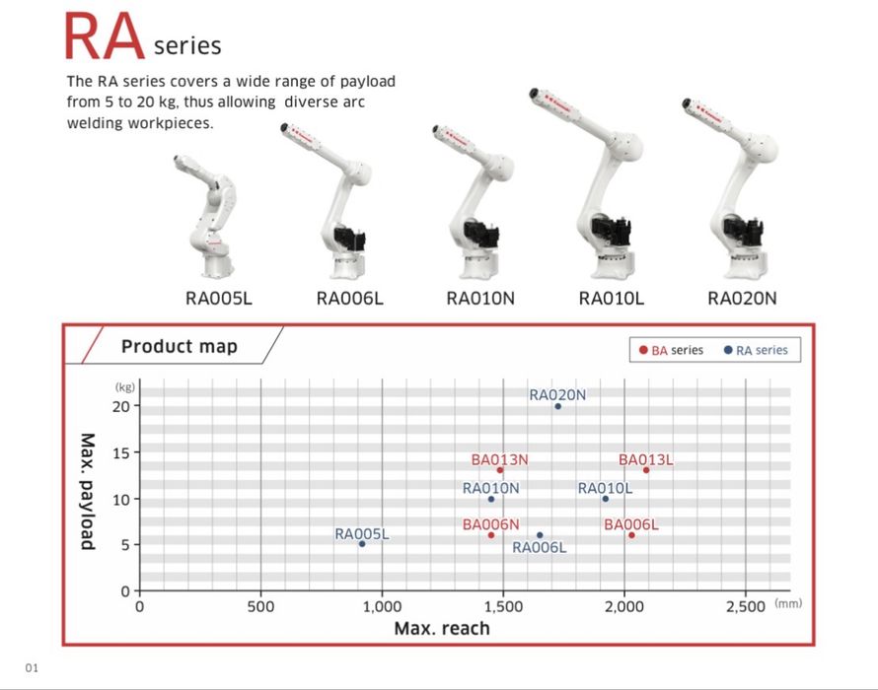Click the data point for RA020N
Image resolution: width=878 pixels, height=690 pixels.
[557, 406]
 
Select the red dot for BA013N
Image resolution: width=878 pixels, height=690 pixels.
[500, 470]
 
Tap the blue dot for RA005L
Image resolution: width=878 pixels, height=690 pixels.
[362, 544]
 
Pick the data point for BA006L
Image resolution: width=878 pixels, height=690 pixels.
[631, 535]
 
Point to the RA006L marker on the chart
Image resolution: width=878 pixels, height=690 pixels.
[540, 535]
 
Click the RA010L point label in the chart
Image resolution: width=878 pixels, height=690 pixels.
[605, 489]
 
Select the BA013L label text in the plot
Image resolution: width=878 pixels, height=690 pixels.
[645, 460]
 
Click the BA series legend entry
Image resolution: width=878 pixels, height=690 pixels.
[671, 350]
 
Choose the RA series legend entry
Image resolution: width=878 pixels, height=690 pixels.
[756, 350]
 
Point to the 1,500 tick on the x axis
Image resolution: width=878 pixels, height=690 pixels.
[503, 606]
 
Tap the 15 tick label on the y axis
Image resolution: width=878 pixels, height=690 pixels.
[121, 452]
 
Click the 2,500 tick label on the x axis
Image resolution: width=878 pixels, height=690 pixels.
[745, 606]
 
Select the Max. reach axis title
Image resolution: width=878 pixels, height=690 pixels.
[442, 629]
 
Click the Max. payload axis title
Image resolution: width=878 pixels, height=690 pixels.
[88, 491]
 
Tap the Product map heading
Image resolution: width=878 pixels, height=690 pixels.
[180, 346]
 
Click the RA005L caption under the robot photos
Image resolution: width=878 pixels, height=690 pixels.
[219, 299]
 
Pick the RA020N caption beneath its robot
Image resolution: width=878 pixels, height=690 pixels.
[742, 299]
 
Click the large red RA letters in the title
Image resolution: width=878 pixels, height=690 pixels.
[105, 36]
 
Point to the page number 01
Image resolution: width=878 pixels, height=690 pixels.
[32, 667]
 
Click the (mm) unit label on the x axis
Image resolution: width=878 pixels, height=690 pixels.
[788, 603]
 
